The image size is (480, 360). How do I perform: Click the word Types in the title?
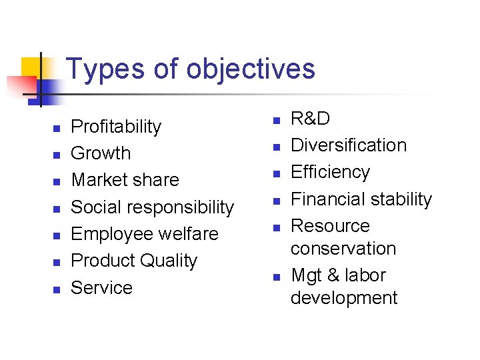pyautogui.click(x=104, y=69)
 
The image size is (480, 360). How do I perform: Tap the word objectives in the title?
pyautogui.click(x=251, y=69)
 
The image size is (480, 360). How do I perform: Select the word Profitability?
pyautogui.click(x=116, y=127)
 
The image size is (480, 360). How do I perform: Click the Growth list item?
pyautogui.click(x=101, y=153)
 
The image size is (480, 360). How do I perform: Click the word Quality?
pyautogui.click(x=171, y=261)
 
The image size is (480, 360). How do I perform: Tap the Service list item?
pyautogui.click(x=101, y=287)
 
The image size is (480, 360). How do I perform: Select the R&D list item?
pyautogui.click(x=311, y=119)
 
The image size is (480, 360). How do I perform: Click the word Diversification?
pyautogui.click(x=349, y=145)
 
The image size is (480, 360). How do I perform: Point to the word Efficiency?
pyautogui.click(x=330, y=172)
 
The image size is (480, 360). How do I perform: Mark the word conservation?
pyautogui.click(x=343, y=249)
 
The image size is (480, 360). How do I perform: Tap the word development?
pyautogui.click(x=344, y=298)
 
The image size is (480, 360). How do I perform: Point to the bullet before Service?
pyautogui.click(x=57, y=289)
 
